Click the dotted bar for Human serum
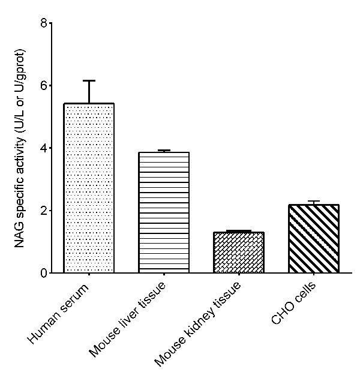pos(89,188)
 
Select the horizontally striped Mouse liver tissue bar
pos(164,213)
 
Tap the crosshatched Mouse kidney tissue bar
pos(239,253)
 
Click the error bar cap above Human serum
pos(89,80)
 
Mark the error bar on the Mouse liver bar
pos(164,151)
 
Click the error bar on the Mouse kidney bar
pos(239,231)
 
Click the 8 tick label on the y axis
pos(43,23)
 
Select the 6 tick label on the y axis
pos(43,85)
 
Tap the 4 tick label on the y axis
pos(43,148)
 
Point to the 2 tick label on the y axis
pos(43,211)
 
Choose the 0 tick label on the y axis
pos(43,273)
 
